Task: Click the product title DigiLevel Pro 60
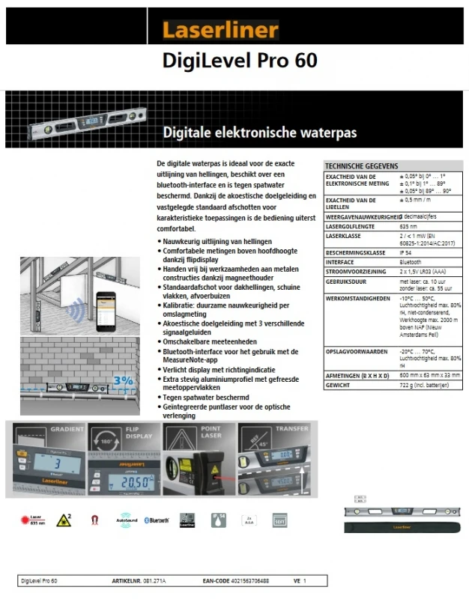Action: [x=240, y=61]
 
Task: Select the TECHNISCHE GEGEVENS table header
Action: [x=362, y=165]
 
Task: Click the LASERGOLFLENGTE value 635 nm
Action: [x=408, y=225]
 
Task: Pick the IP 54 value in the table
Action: [x=406, y=253]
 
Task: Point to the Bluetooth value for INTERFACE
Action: [x=411, y=262]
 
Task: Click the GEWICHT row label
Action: [x=338, y=384]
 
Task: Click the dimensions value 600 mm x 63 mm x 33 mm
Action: [x=430, y=375]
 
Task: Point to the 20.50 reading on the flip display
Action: [x=122, y=484]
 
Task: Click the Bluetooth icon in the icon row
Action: [x=157, y=520]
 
